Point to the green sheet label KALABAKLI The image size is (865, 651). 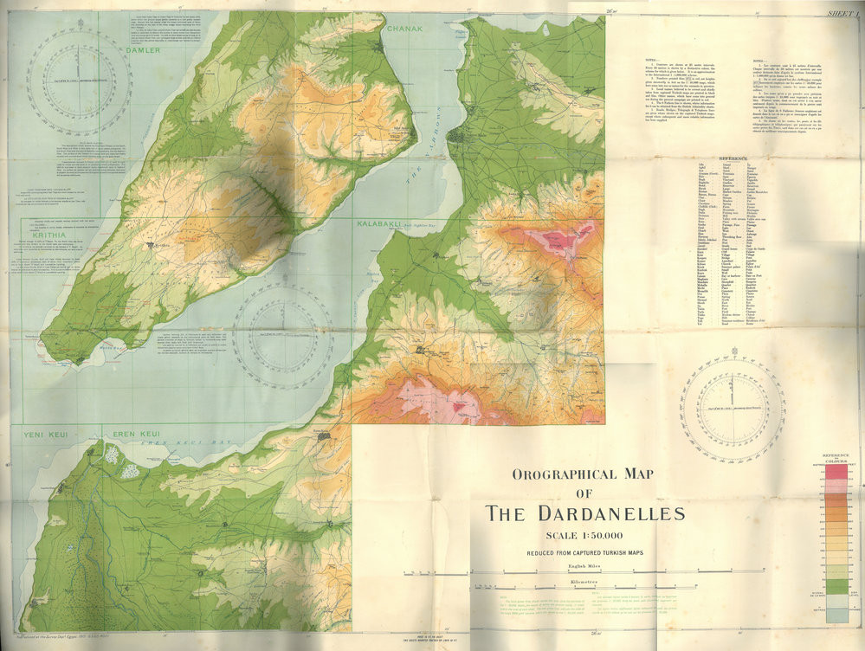tap(378, 223)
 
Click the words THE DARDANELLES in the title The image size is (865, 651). tap(584, 512)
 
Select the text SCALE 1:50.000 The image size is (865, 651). tap(584, 536)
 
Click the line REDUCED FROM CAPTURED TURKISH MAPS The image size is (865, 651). tap(584, 552)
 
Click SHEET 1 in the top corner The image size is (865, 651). tap(842, 13)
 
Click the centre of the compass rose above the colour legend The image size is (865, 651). tap(732, 407)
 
